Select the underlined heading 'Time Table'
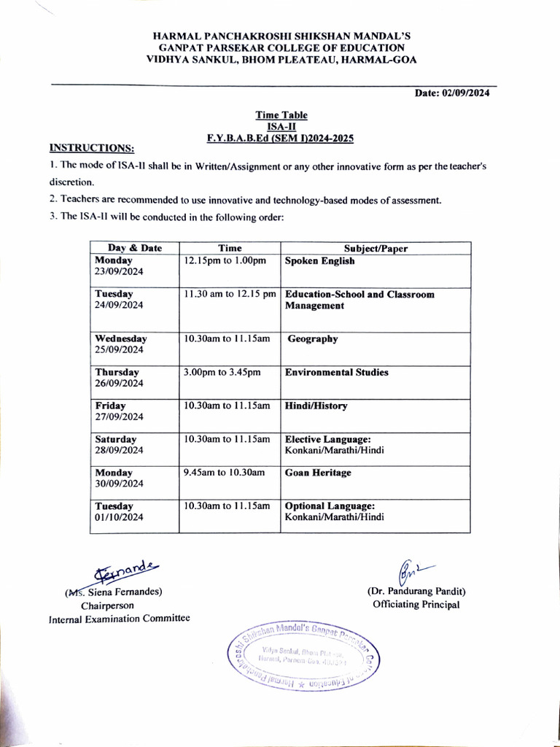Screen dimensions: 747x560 pyautogui.click(x=281, y=115)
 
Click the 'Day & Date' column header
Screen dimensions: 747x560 pyautogui.click(x=135, y=248)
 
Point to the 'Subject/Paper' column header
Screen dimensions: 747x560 pyautogui.click(x=376, y=248)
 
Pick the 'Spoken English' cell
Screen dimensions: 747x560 pyautogui.click(x=320, y=261)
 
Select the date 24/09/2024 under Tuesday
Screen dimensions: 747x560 pyautogui.click(x=120, y=306)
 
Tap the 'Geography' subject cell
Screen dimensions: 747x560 pyautogui.click(x=313, y=339)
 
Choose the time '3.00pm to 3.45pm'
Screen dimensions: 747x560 pyautogui.click(x=222, y=373)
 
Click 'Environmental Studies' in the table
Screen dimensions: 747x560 pyautogui.click(x=337, y=373)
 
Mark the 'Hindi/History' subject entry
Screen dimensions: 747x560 pyautogui.click(x=316, y=406)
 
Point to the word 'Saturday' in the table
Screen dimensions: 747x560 pyautogui.click(x=116, y=440)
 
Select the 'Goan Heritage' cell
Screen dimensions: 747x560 pyautogui.click(x=318, y=473)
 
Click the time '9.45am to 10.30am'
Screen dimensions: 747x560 pyautogui.click(x=225, y=473)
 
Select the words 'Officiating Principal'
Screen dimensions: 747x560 pyautogui.click(x=416, y=605)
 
